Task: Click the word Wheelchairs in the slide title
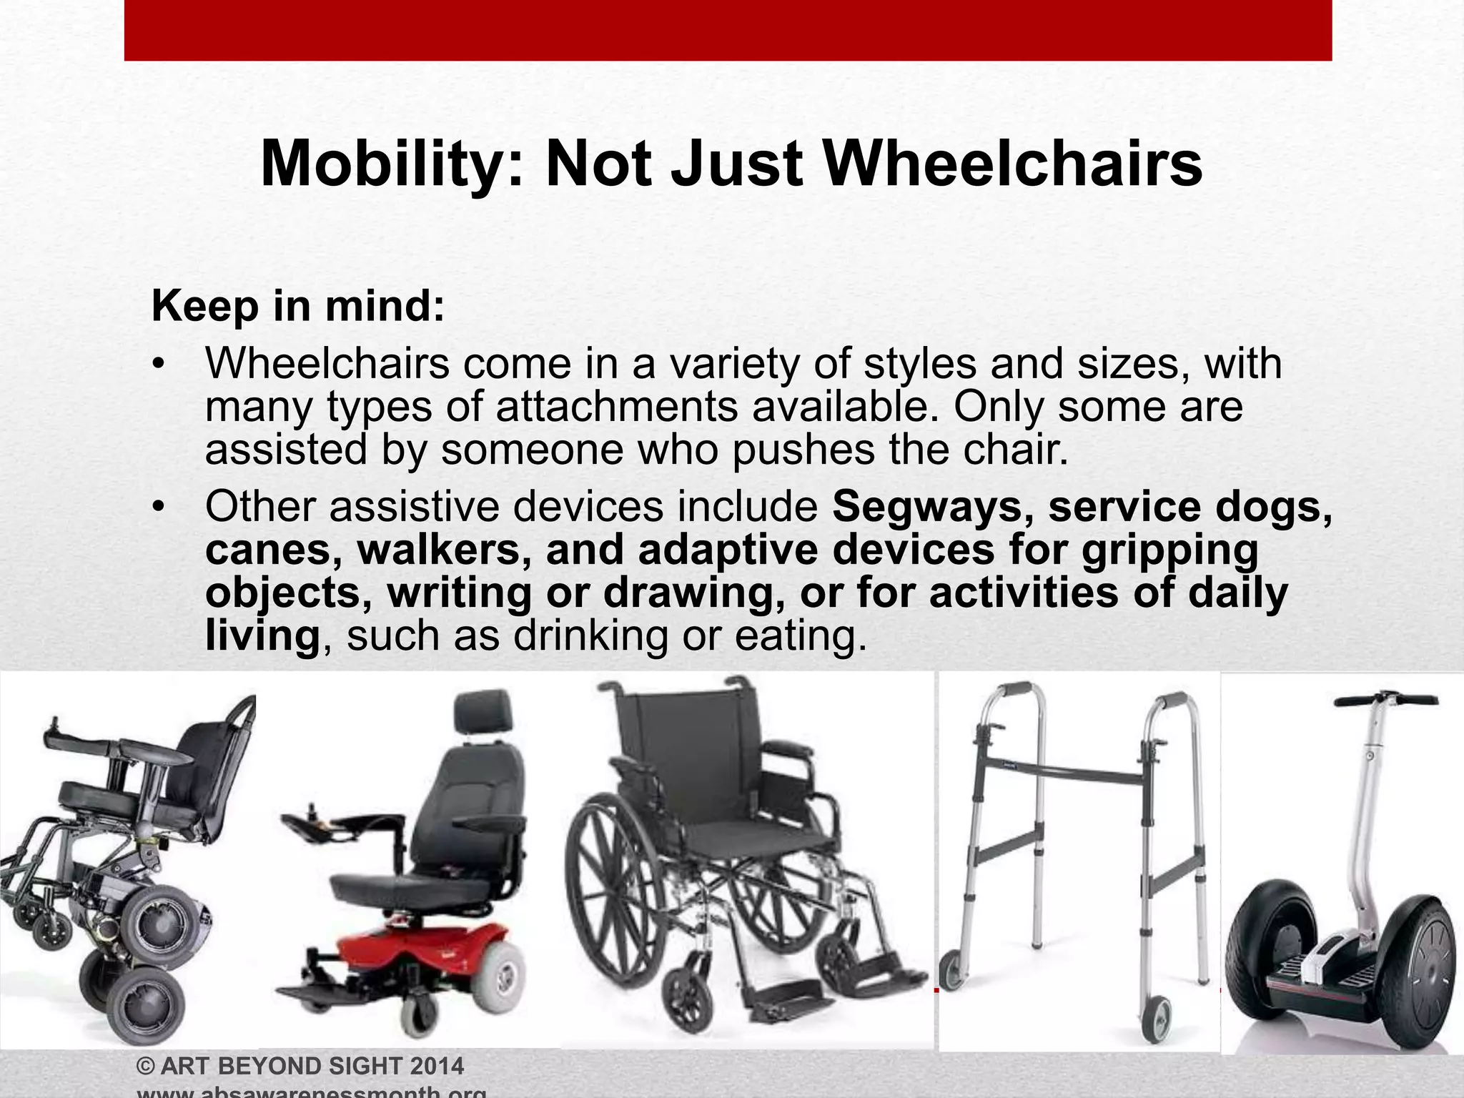click(x=1013, y=164)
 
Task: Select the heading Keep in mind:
click(x=298, y=306)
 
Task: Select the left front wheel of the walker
click(x=952, y=969)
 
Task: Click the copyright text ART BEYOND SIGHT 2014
click(x=300, y=1066)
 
